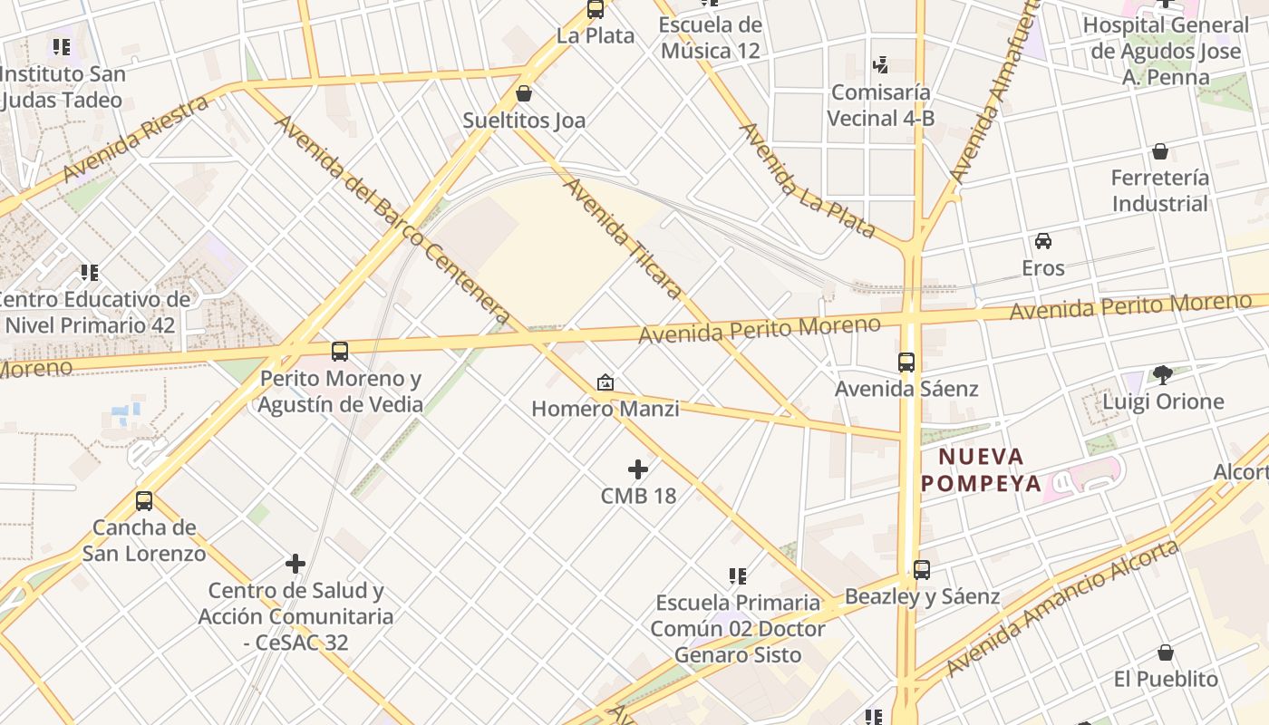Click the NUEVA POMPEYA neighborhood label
point(982,469)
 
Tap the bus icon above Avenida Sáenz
point(906,362)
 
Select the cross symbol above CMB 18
point(638,469)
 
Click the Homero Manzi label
point(605,409)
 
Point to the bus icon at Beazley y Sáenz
point(922,570)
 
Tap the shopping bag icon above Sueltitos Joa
point(524,92)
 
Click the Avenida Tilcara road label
point(623,238)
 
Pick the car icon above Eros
point(1043,241)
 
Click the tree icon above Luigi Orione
point(1163,374)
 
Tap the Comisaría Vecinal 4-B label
point(880,105)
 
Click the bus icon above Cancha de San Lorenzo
point(144,500)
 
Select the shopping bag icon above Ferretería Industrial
point(1160,151)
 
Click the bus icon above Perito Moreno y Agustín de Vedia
point(340,352)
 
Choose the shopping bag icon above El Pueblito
point(1166,652)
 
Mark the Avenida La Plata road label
point(807,180)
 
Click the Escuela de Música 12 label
point(710,37)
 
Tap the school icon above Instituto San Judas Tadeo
point(62,46)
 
